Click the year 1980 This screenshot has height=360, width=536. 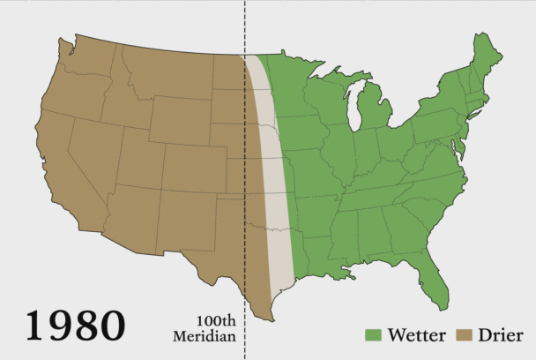(75, 324)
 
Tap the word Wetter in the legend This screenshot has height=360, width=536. (415, 334)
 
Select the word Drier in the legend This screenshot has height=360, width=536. (501, 334)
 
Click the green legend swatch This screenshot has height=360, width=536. (373, 335)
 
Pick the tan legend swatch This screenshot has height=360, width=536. (464, 335)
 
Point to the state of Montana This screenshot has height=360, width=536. (163, 71)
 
